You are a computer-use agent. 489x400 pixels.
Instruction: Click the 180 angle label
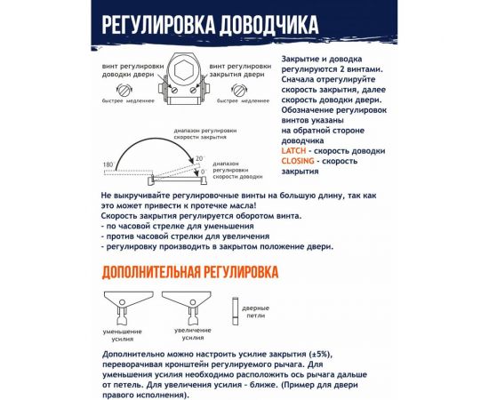[108, 165]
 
